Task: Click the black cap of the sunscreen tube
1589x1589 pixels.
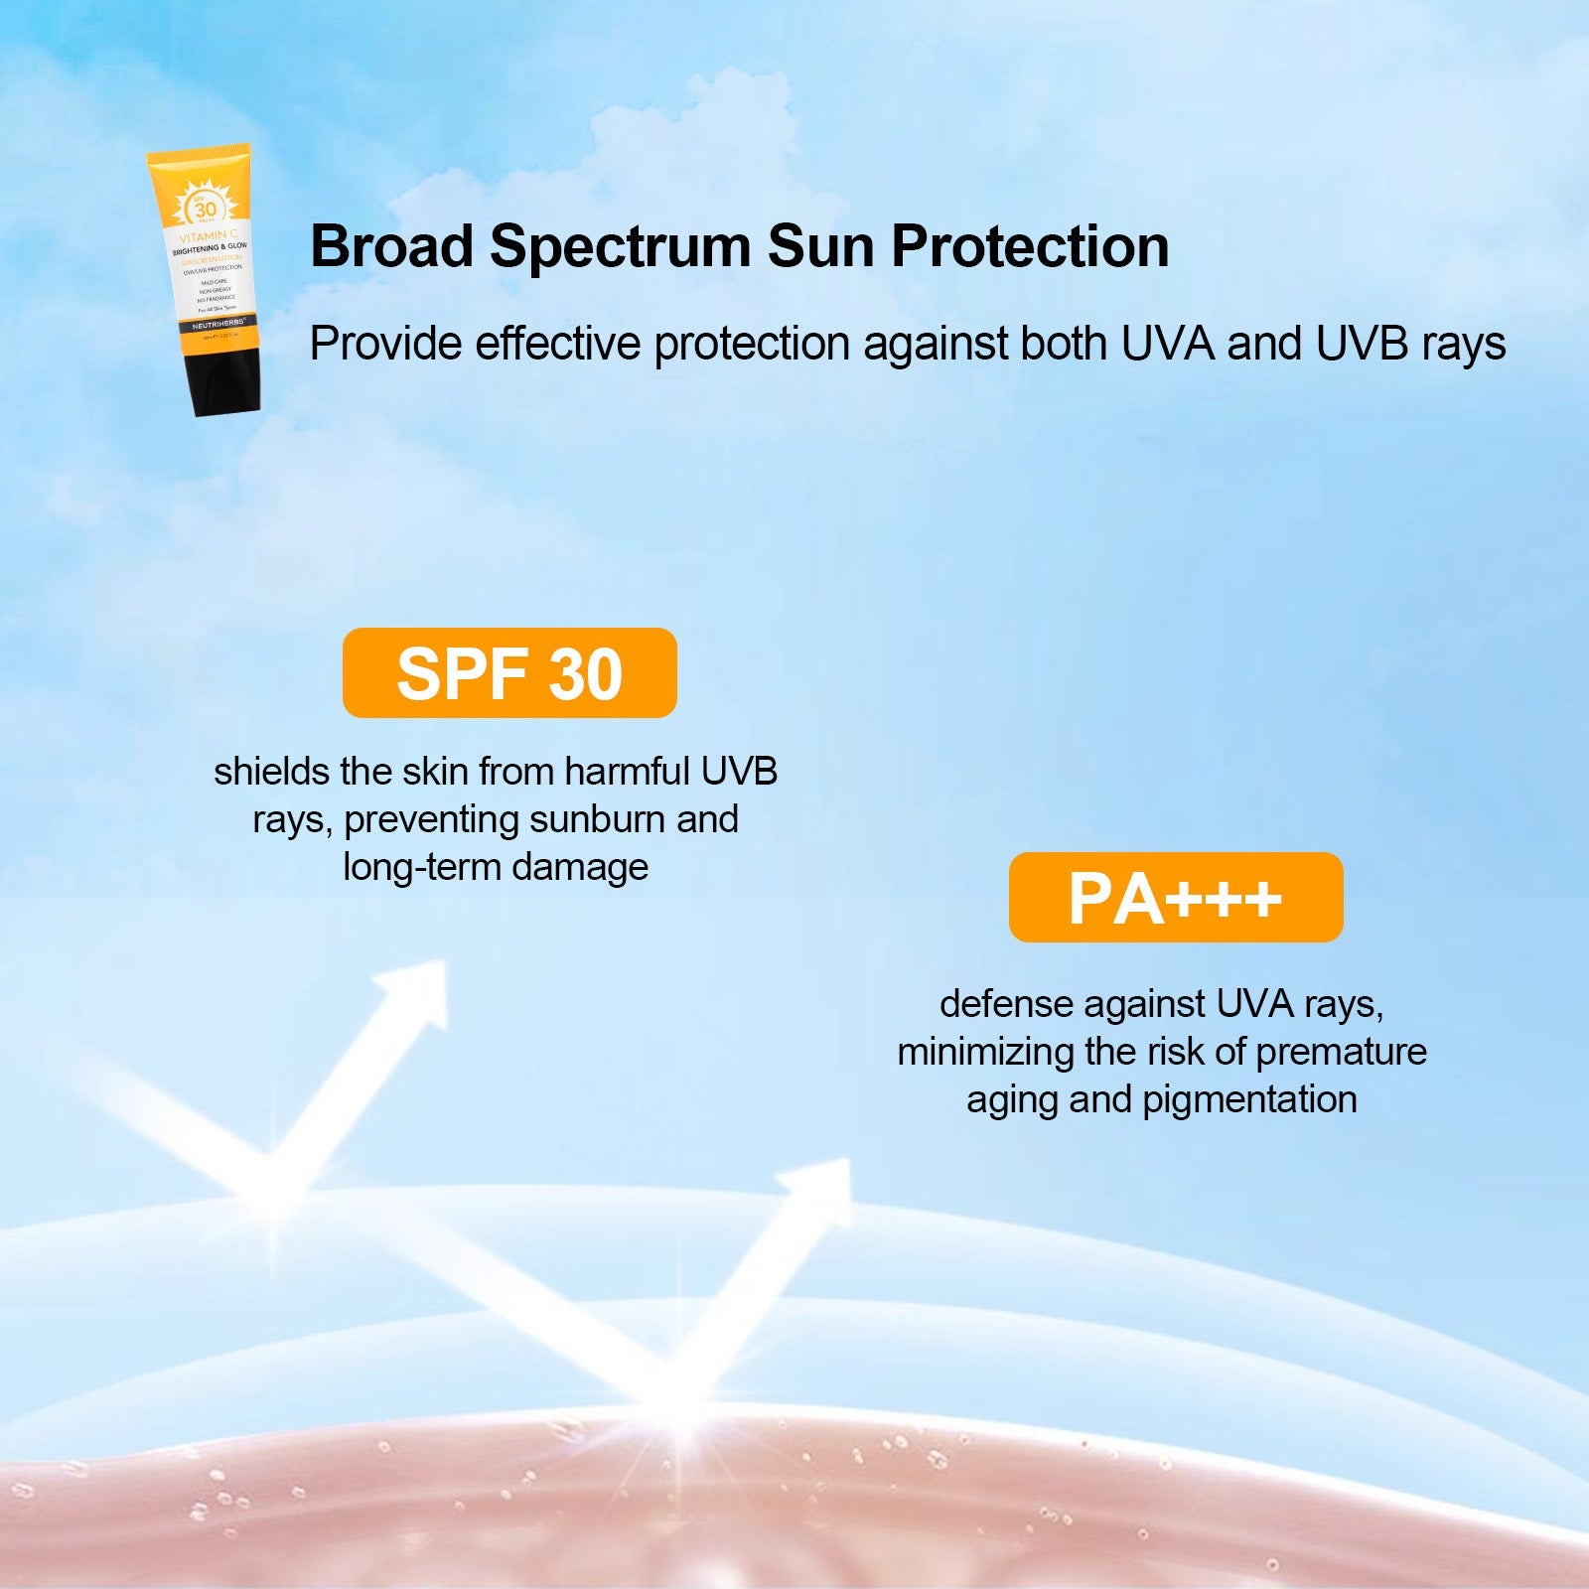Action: [x=227, y=378]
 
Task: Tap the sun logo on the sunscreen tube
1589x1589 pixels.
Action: [x=205, y=208]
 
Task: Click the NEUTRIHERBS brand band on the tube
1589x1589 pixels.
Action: [x=218, y=324]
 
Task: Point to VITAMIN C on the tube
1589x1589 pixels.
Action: [x=208, y=237]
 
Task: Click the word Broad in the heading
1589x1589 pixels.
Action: [x=391, y=246]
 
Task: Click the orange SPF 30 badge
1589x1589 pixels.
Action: [x=509, y=673]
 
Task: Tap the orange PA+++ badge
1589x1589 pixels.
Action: [x=1175, y=898]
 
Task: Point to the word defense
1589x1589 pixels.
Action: [x=1006, y=1004]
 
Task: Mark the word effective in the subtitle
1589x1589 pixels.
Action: [x=558, y=344]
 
